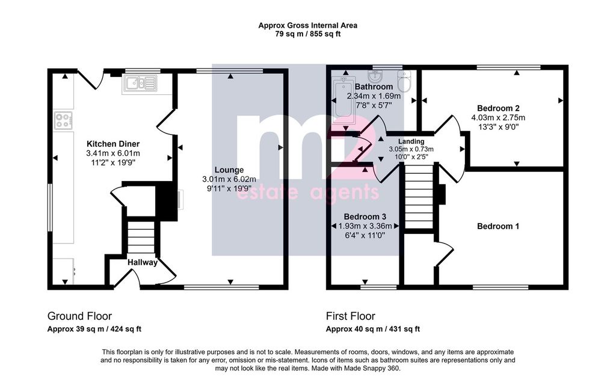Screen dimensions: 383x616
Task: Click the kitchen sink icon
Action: pyautogui.click(x=140, y=84)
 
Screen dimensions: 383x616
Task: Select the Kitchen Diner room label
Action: pyautogui.click(x=113, y=144)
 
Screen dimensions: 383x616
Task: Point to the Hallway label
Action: pyautogui.click(x=142, y=263)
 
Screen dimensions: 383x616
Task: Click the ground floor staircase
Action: pyautogui.click(x=141, y=237)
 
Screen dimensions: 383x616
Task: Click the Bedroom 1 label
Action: pyautogui.click(x=498, y=226)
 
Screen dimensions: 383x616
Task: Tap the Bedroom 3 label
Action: pyautogui.click(x=365, y=216)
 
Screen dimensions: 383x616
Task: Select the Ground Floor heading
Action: pyautogui.click(x=79, y=316)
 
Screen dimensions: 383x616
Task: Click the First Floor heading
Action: pyautogui.click(x=351, y=316)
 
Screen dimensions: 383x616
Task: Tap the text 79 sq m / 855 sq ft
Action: pyautogui.click(x=308, y=34)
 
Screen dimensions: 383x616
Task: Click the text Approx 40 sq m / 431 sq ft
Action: pyautogui.click(x=373, y=329)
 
